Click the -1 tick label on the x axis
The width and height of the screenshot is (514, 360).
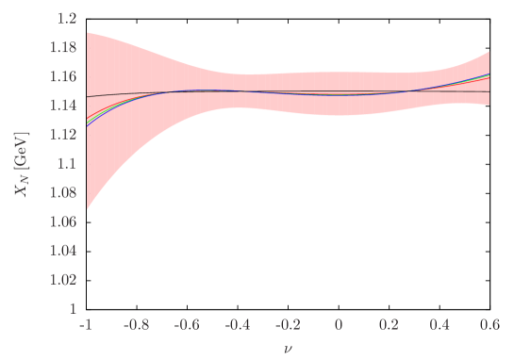pos(87,324)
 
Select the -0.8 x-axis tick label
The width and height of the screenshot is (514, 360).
pos(137,324)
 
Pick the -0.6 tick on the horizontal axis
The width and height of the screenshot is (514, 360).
pos(187,324)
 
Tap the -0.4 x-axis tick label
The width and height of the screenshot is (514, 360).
pos(237,324)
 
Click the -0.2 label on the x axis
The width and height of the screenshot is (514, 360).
pos(287,324)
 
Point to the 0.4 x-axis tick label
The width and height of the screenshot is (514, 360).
pos(439,324)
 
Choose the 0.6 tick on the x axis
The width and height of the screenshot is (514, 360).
pos(489,324)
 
